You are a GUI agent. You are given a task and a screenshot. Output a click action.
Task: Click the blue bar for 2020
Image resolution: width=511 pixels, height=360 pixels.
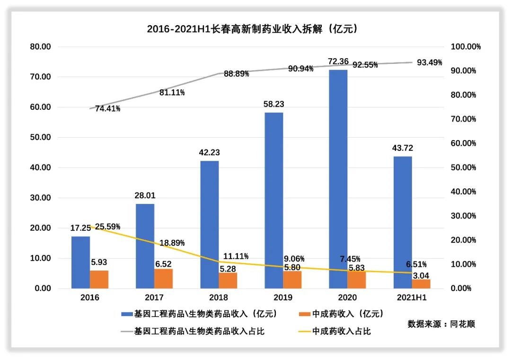coord(338,179)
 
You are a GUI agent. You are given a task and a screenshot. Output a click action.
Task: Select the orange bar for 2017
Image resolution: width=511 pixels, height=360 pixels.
coord(163,279)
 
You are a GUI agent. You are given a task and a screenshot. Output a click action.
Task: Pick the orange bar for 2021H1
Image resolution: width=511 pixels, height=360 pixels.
coord(421,284)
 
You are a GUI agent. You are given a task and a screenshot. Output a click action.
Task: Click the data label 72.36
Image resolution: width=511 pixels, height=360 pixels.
coord(338,61)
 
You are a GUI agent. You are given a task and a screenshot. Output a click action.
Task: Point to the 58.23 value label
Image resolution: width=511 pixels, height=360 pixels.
coord(273,104)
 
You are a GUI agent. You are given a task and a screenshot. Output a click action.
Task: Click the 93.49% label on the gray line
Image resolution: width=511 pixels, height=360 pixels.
coord(429,62)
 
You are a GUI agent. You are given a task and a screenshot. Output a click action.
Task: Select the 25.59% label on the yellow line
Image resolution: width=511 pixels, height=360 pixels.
coord(108,226)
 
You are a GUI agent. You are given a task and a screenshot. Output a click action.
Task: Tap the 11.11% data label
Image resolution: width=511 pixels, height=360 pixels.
coord(236,256)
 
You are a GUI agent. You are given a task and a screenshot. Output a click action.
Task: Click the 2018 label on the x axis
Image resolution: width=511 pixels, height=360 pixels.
coord(218,298)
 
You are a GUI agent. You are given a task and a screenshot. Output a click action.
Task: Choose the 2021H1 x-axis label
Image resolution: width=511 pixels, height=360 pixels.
coord(411,298)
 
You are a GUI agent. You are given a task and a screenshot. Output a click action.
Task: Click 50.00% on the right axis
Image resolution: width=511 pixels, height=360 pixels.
coord(462,167)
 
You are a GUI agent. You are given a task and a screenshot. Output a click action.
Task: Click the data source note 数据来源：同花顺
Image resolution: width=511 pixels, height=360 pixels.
coord(441,324)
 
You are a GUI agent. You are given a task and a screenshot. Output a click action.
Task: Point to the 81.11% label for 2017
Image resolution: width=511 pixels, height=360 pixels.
coord(172,93)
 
